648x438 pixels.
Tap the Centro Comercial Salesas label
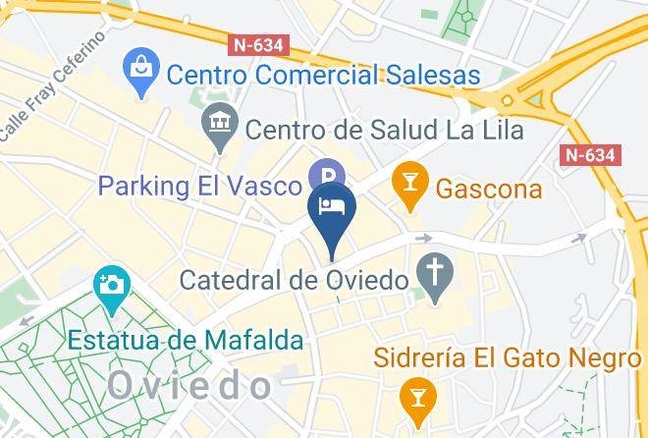[x=323, y=74]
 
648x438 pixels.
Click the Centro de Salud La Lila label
[x=384, y=129]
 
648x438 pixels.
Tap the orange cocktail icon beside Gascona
[x=407, y=184]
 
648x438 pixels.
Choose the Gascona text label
[x=488, y=187]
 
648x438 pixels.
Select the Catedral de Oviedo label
[x=294, y=280]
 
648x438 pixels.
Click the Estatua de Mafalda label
[x=186, y=340]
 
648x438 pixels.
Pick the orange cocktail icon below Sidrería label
[x=418, y=398]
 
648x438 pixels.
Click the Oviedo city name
[x=189, y=386]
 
